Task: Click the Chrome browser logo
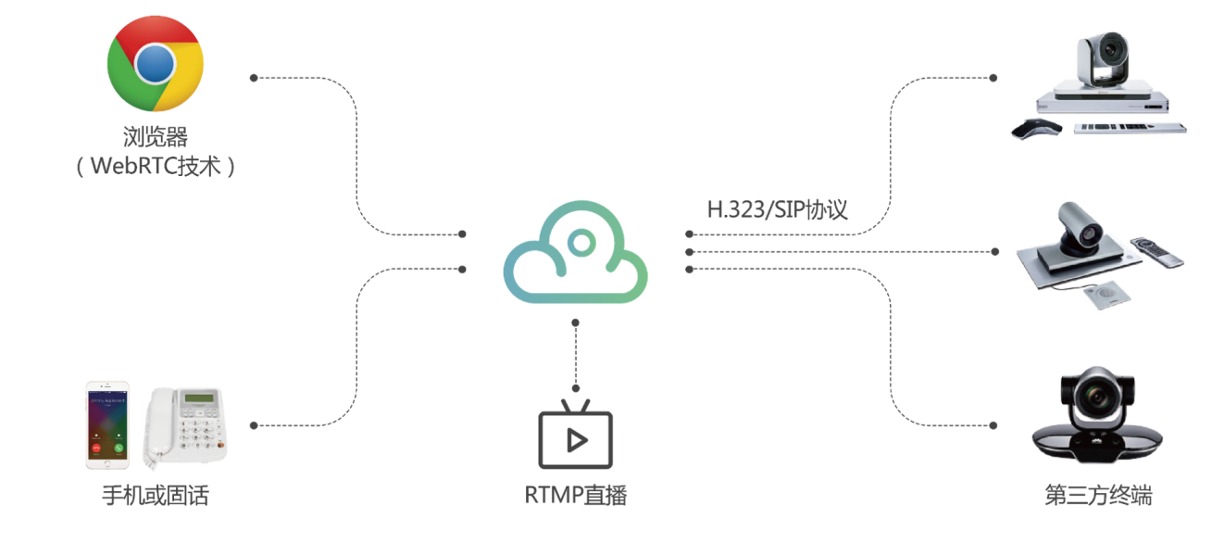[x=155, y=64]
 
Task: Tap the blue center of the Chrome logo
[x=155, y=63]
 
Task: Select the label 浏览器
[x=155, y=138]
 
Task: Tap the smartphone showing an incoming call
[x=107, y=424]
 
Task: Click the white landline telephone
[x=184, y=425]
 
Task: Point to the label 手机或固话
[x=155, y=495]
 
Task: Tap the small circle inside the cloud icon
[x=581, y=244]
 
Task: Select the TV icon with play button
[x=575, y=437]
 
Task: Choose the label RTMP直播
[x=575, y=495]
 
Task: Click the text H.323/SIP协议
[x=777, y=209]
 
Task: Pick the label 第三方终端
[x=1099, y=495]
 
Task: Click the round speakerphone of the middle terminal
[x=1104, y=296]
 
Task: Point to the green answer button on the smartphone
[x=119, y=448]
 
